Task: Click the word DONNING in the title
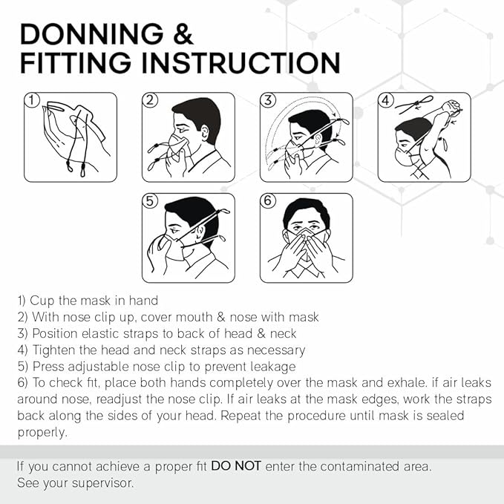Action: tap(92, 34)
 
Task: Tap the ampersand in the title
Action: tap(183, 34)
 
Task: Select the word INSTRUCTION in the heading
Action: tap(240, 63)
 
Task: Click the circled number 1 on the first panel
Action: tap(32, 100)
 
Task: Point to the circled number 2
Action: tap(150, 100)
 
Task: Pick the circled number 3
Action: tap(268, 100)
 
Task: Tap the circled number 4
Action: tap(386, 100)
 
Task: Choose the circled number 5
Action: tap(150, 201)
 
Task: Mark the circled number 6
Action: tap(268, 201)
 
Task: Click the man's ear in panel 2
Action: tap(205, 133)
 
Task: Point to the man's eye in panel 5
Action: tap(175, 230)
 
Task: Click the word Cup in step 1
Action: tap(42, 301)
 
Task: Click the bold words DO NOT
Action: tap(235, 466)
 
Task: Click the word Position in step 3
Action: tap(55, 333)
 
